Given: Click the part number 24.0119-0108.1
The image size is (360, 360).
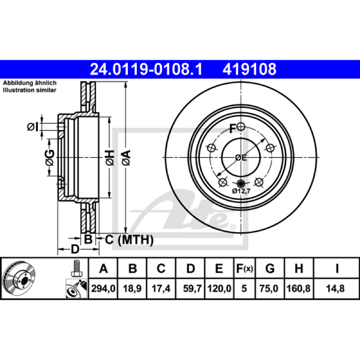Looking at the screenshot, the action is [x=146, y=69].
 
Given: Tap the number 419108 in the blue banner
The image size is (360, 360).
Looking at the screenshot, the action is [x=249, y=69].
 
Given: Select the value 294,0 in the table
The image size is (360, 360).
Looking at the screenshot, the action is [x=103, y=288].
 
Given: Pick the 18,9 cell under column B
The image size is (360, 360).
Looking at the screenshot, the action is [x=132, y=288].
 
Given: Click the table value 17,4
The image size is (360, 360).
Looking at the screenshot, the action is [x=161, y=288].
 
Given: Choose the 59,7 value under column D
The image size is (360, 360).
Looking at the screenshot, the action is [x=193, y=288].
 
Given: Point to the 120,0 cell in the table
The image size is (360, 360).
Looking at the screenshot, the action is [x=219, y=288].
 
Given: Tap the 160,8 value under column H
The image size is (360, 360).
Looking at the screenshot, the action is [x=298, y=288].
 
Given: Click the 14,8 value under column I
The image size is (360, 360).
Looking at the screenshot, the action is [x=335, y=288].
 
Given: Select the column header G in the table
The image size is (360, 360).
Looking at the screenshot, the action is [x=270, y=268].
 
